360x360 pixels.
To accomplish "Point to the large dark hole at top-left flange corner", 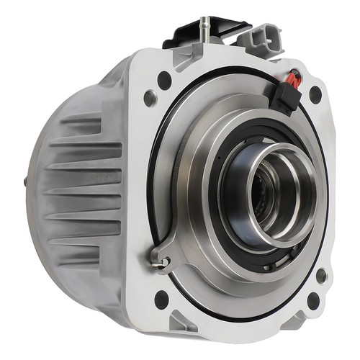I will tap(164, 80).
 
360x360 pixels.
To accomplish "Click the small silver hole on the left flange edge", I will tap(150, 98).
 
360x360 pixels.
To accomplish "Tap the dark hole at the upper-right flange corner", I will tap(315, 94).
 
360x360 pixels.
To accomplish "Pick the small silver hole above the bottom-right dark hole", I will tap(320, 274).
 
